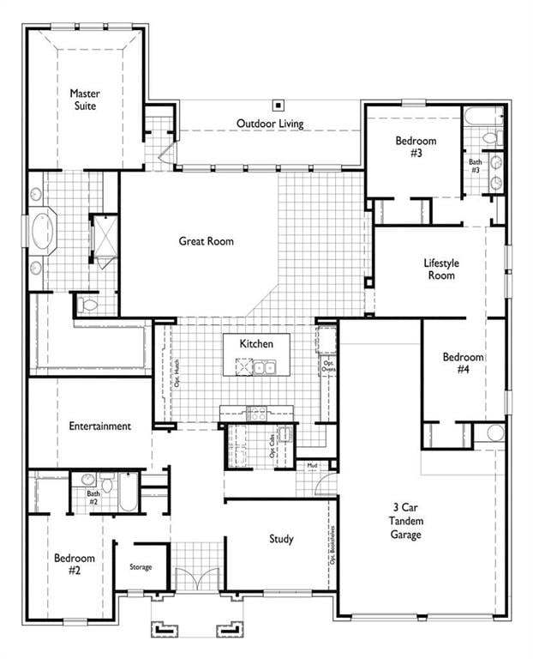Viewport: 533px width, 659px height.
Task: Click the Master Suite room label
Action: pyautogui.click(x=84, y=99)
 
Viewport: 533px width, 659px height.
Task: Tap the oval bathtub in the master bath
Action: pyautogui.click(x=42, y=231)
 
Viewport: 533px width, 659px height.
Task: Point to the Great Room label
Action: pyautogui.click(x=206, y=241)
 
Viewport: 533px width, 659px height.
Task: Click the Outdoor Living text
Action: pyautogui.click(x=270, y=124)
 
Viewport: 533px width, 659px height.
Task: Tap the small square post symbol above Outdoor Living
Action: pyautogui.click(x=278, y=105)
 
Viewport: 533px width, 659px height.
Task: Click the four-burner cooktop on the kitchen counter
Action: pyautogui.click(x=257, y=413)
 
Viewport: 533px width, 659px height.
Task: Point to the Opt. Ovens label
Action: pyautogui.click(x=327, y=366)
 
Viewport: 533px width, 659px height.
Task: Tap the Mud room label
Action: pyautogui.click(x=313, y=466)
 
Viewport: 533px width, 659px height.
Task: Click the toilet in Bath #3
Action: pyautogui.click(x=490, y=137)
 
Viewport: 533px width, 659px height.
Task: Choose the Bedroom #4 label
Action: pyautogui.click(x=463, y=363)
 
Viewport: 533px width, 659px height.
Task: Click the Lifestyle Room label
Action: pyautogui.click(x=441, y=269)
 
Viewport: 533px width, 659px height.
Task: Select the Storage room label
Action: pyautogui.click(x=141, y=567)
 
